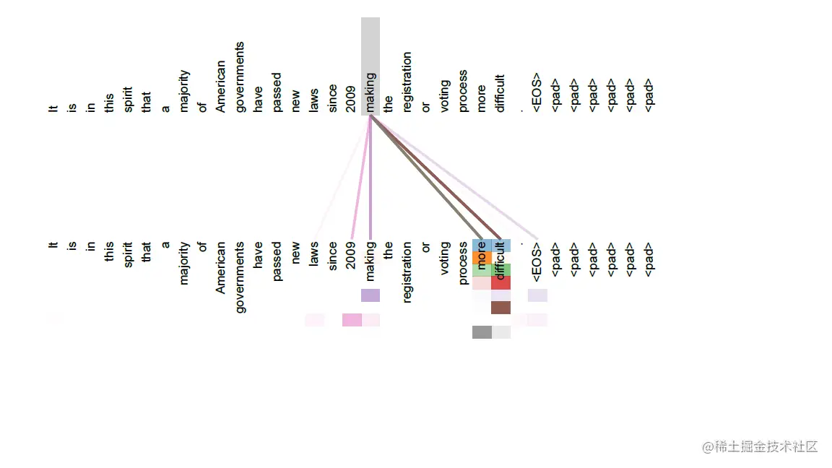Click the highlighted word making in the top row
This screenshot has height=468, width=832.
click(x=370, y=92)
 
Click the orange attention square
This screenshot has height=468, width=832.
click(x=482, y=258)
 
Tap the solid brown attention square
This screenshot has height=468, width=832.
click(x=500, y=308)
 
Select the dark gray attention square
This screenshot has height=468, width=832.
click(x=482, y=332)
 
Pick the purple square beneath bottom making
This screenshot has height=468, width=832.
click(x=370, y=295)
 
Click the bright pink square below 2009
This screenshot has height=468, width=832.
click(x=352, y=320)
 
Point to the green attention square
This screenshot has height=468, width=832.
click(x=500, y=270)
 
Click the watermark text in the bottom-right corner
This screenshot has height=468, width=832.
click(x=760, y=447)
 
